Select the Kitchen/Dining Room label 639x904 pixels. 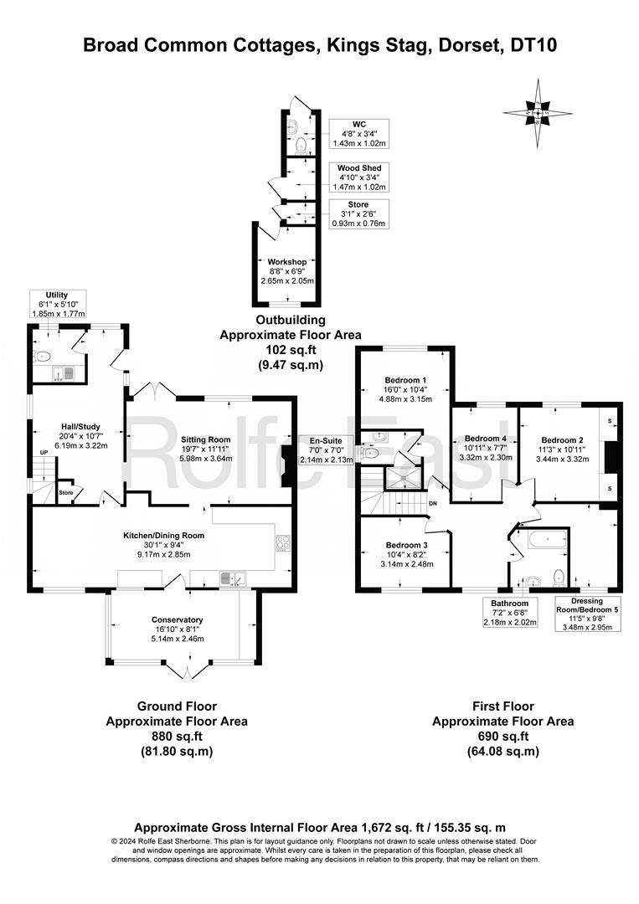(164, 535)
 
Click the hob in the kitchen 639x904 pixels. (282, 543)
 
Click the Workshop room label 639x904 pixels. (286, 262)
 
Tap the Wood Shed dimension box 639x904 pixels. (358, 177)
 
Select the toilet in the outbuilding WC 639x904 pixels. (301, 146)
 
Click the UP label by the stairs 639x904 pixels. (44, 453)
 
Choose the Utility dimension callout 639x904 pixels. (59, 304)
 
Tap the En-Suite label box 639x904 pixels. (326, 450)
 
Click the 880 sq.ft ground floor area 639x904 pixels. (177, 737)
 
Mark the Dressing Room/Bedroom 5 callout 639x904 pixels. (587, 614)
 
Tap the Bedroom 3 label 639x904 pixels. (406, 545)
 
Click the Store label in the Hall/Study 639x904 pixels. (66, 493)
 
